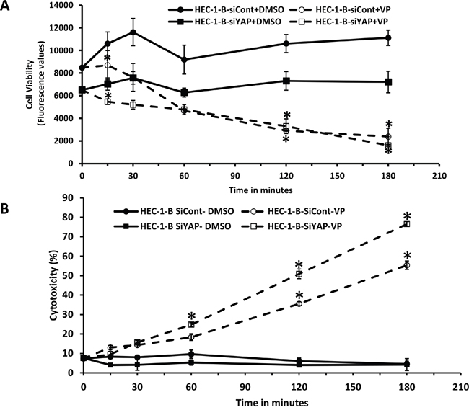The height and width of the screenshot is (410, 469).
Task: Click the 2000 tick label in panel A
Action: (64, 141)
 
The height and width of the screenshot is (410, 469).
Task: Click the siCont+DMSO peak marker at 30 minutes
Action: (133, 32)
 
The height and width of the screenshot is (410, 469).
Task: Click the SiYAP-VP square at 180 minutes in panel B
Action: (407, 224)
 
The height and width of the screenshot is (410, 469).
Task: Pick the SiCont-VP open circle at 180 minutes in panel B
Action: (407, 265)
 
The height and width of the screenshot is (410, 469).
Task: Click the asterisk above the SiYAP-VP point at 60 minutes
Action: (192, 316)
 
